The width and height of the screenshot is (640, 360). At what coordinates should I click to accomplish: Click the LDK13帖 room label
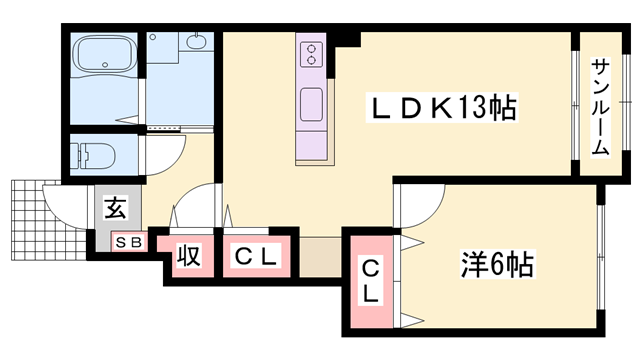(445, 107)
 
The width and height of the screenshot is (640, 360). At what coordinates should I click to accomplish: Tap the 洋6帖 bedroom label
(497, 265)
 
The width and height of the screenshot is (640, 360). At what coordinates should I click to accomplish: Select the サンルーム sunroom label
(600, 106)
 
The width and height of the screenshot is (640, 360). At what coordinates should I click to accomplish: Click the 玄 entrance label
(116, 210)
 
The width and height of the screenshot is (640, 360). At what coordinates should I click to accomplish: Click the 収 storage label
(188, 256)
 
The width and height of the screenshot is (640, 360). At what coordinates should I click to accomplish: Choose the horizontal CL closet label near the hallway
(256, 256)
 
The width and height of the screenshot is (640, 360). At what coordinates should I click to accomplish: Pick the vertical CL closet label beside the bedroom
(369, 280)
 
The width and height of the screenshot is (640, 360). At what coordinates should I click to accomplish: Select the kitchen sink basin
(311, 103)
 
